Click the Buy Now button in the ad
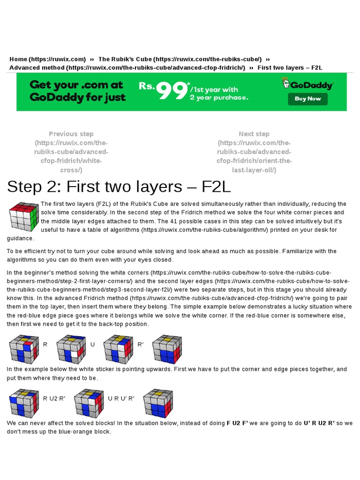307,99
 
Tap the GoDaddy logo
307,85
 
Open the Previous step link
71,152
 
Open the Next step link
254,152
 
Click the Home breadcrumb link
47,59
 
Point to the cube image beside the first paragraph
23,217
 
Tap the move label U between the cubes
92,345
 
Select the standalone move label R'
140,345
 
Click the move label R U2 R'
54,398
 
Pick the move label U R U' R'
121,398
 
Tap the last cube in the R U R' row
167,349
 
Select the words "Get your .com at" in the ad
76,85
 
